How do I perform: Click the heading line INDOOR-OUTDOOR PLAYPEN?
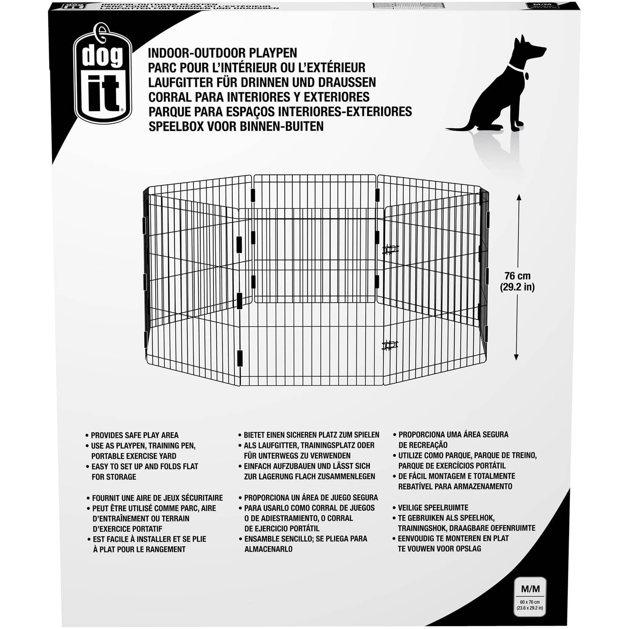222,53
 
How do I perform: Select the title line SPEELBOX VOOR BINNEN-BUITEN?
236,126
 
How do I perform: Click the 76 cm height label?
517,276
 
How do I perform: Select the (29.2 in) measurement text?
517,288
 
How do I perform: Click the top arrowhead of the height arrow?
519,197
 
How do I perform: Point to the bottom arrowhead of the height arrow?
516,357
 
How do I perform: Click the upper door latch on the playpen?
390,250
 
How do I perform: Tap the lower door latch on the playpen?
390,346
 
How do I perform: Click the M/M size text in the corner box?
530,589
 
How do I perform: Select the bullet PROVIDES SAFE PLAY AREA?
134,435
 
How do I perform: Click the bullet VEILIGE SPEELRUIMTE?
433,507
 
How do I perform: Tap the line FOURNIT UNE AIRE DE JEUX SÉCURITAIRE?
157,498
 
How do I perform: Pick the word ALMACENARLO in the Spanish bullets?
268,549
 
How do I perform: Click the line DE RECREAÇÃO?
423,445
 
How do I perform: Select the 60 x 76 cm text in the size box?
530,602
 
